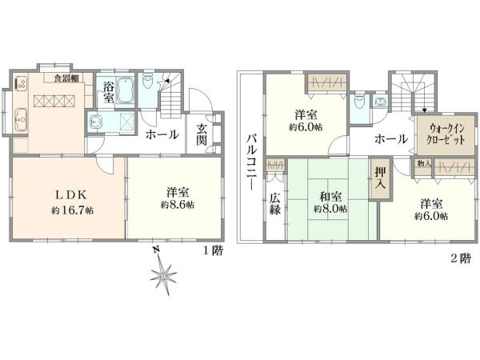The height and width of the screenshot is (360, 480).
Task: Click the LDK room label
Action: [x=72, y=194]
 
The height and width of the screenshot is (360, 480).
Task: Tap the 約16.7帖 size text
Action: [x=72, y=210]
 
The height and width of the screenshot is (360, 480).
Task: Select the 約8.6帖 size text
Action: [x=178, y=205]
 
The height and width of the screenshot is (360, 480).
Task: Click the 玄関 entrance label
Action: [x=202, y=134]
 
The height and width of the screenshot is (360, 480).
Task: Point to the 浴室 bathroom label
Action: [x=108, y=92]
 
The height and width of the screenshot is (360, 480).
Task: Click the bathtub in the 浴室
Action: [x=126, y=90]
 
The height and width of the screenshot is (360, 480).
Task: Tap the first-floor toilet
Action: [x=147, y=81]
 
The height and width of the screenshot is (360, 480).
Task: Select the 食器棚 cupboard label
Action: [x=66, y=78]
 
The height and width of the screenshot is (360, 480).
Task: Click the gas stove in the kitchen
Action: [x=21, y=83]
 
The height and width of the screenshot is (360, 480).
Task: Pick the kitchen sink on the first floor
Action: [x=21, y=120]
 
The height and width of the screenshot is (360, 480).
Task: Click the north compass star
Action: [x=163, y=274]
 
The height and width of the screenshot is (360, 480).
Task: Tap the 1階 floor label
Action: [x=214, y=251]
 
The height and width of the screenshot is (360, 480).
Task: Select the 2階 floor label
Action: [x=460, y=259]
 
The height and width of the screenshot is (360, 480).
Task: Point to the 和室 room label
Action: [x=330, y=197]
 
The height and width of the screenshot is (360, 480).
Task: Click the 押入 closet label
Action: [x=381, y=178]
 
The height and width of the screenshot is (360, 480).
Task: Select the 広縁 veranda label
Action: [x=275, y=204]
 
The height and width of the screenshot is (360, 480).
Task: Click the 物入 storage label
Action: [x=424, y=164]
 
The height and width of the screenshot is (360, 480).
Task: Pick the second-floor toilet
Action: [x=358, y=103]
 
